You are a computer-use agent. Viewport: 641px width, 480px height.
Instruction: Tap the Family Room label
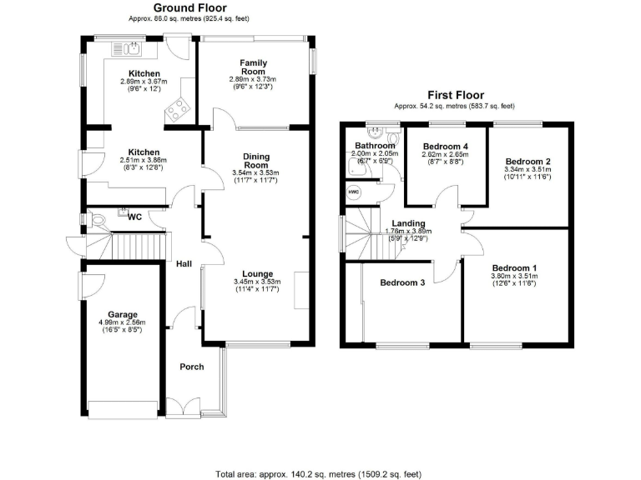pos(253,63)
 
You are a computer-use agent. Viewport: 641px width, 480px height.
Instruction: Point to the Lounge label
pos(258,273)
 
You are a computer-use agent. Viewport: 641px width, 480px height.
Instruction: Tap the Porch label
pos(193,367)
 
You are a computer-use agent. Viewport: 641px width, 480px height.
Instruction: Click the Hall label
pos(184,264)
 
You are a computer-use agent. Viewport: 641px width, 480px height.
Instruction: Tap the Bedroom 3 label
pos(402,282)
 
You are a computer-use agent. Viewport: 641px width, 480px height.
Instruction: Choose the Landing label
pos(408,223)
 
